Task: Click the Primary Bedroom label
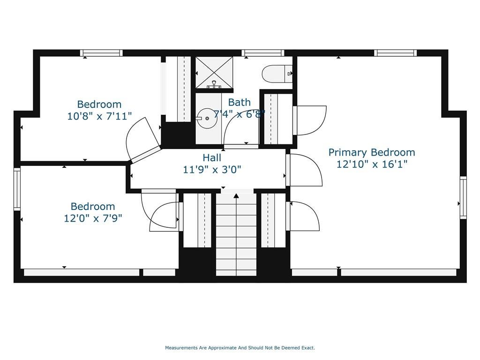pos(372,152)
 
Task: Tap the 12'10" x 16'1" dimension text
pos(372,165)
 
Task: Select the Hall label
pos(212,158)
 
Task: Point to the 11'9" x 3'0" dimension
pos(212,169)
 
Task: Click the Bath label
pos(240,102)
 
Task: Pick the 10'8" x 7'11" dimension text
pos(99,116)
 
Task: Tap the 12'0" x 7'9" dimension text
pos(93,218)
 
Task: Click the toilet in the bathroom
pos(277,74)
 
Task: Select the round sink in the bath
pos(207,118)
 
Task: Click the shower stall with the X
pos(214,73)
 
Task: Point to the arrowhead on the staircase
pos(236,196)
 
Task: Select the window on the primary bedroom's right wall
pos(464,197)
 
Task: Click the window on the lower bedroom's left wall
pos(17,189)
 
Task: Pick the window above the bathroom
pos(262,53)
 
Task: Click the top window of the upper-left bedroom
pos(101,53)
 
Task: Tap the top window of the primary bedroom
pos(395,53)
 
